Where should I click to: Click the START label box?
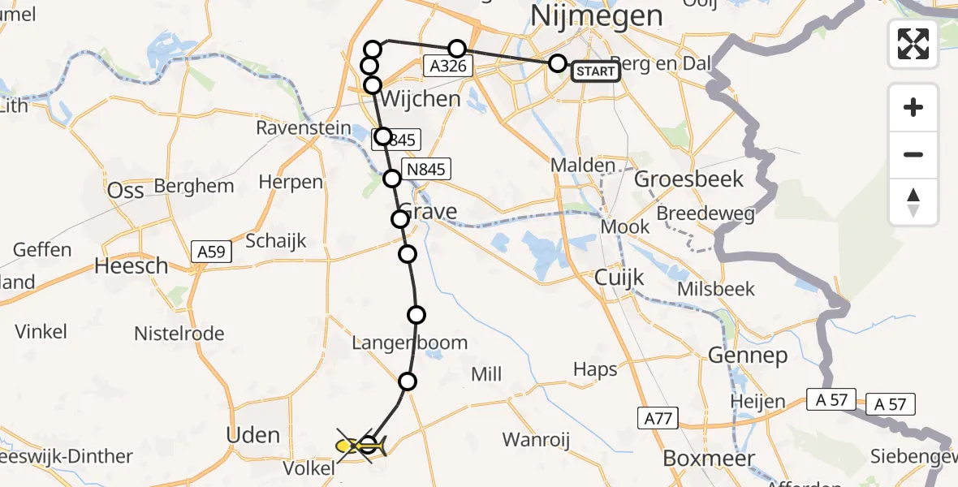pos(596,72)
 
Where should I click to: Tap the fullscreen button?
pos(913,43)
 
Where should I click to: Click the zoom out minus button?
pos(913,154)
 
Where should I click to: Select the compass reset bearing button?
pos(913,202)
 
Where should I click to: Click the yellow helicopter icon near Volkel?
pos(357,445)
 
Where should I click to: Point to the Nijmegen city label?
pos(596,15)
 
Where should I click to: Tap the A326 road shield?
pos(448,66)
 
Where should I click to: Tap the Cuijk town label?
pos(619,278)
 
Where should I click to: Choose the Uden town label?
pos(253,435)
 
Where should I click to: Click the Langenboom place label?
pos(410,343)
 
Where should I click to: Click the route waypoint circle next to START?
pos(557,63)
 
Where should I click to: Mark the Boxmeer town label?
pos(705,458)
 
